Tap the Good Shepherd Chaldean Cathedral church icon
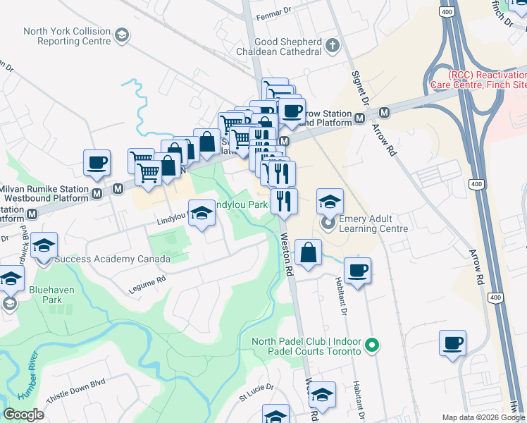pyautogui.click(x=333, y=46)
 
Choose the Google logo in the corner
pyautogui.click(x=23, y=414)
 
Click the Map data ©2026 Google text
pyautogui.click(x=483, y=417)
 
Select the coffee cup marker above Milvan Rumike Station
pyautogui.click(x=97, y=162)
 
